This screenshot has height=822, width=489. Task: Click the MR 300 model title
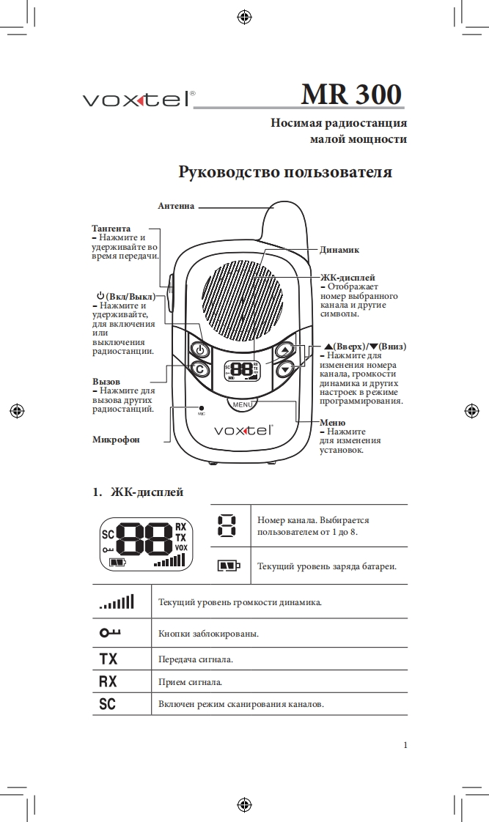[x=351, y=95]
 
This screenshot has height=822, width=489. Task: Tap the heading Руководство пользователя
[x=285, y=172]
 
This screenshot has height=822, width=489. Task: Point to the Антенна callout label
[x=176, y=207]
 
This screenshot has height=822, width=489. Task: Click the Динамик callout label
[x=339, y=250]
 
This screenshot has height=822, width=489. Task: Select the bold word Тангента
[x=111, y=229]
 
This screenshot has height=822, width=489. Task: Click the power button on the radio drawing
[x=199, y=350]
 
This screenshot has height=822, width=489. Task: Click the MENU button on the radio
[x=243, y=404]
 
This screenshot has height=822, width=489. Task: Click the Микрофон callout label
[x=116, y=440]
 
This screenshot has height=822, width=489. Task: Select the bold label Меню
[x=332, y=423]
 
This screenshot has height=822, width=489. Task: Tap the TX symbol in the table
[x=108, y=659]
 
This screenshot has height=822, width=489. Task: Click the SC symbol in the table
[x=107, y=704]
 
